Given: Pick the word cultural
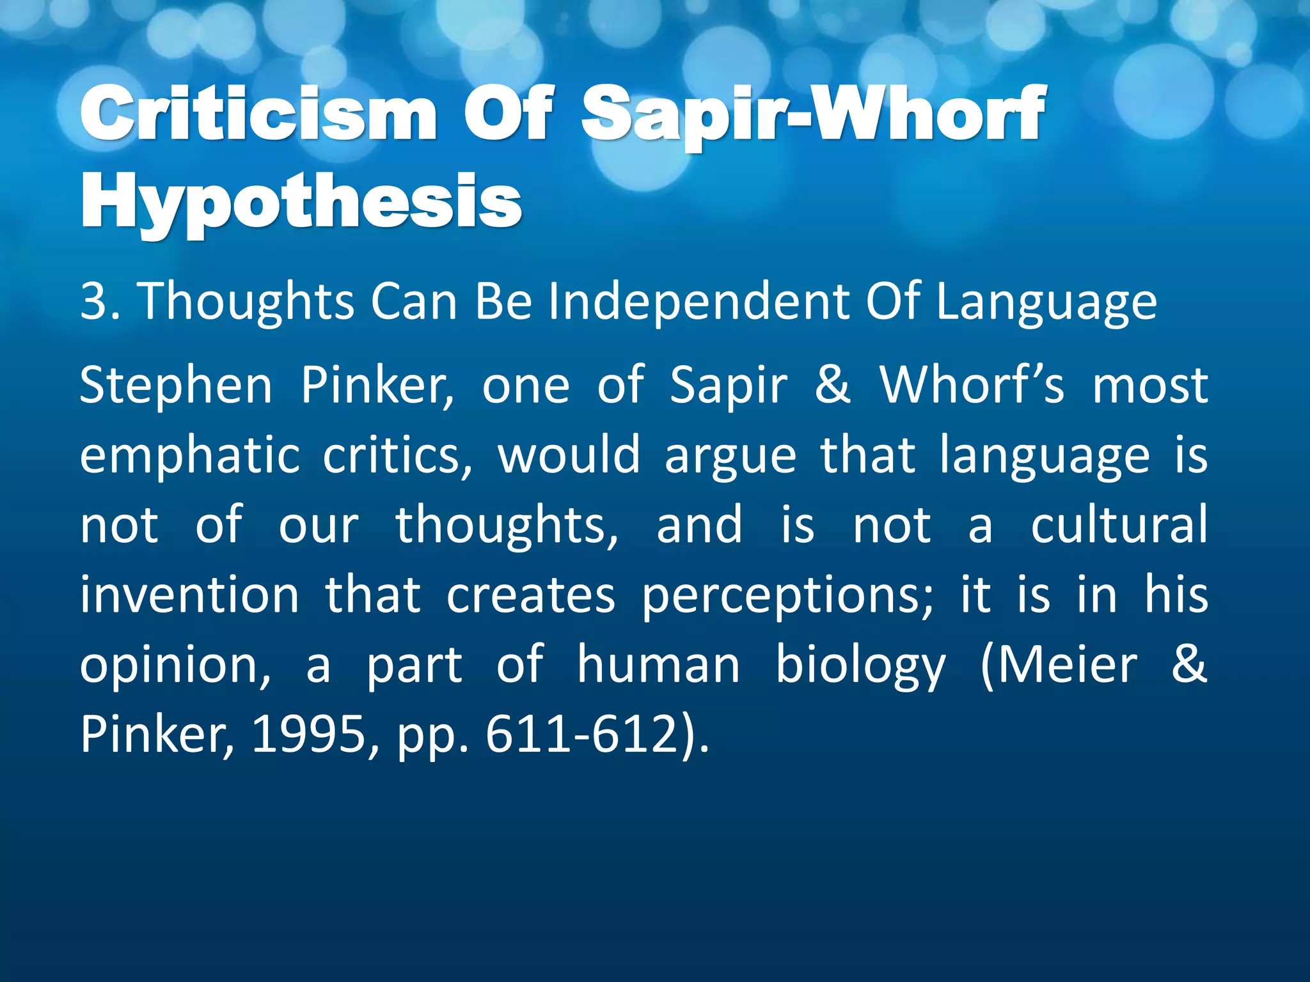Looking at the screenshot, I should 1119,525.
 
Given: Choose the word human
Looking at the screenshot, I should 658,665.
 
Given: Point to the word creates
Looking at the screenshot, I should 530,595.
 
